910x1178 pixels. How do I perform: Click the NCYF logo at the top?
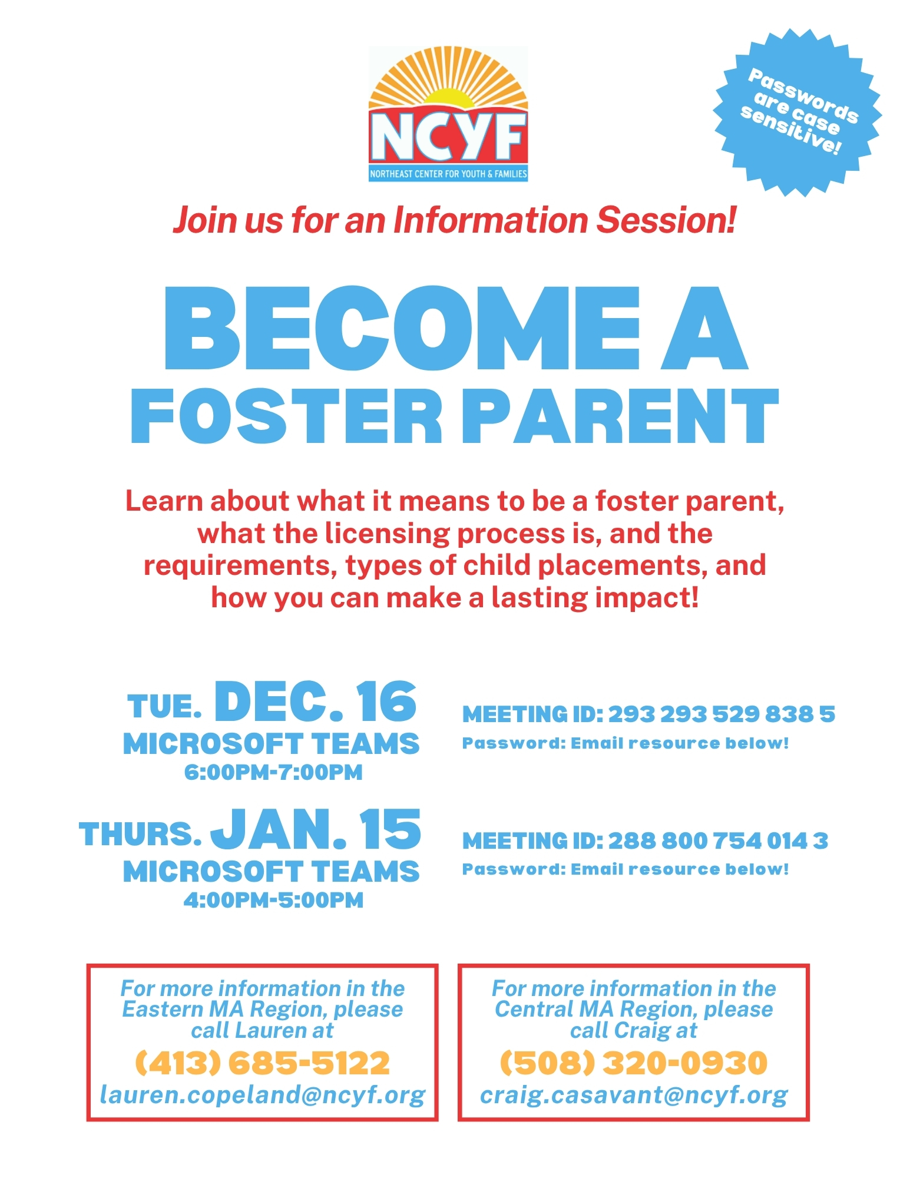pyautogui.click(x=448, y=114)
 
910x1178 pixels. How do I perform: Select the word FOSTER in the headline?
pyautogui.click(x=286, y=416)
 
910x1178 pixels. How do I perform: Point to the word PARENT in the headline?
pyautogui.click(x=621, y=416)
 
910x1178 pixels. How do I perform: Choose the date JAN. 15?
pyautogui.click(x=316, y=829)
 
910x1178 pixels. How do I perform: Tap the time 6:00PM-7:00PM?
pyautogui.click(x=273, y=772)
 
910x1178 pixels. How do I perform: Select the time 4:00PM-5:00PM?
pyautogui.click(x=273, y=900)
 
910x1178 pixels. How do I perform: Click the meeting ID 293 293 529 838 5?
pyautogui.click(x=722, y=714)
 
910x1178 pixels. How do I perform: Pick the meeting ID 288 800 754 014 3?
pyautogui.click(x=718, y=841)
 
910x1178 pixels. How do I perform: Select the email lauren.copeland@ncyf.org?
pyautogui.click(x=263, y=1095)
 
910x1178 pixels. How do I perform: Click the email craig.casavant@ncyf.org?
pyautogui.click(x=634, y=1095)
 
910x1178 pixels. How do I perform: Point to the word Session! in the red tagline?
pyautogui.click(x=666, y=220)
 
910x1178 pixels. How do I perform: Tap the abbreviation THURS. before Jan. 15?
pyautogui.click(x=140, y=834)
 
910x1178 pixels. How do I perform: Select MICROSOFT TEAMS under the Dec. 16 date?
pyautogui.click(x=271, y=744)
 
